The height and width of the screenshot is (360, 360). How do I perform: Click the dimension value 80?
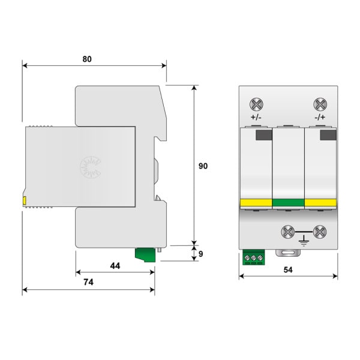(87, 59)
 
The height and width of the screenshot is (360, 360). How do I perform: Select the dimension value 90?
(203, 166)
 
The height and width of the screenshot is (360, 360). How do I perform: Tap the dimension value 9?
(200, 254)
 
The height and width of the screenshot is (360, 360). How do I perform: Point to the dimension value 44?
(115, 266)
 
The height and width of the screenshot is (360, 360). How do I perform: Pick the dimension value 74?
(88, 282)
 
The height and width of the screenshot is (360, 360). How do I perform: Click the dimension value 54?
(288, 270)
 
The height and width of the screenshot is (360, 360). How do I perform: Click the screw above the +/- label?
(256, 104)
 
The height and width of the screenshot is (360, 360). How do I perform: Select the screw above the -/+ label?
(320, 104)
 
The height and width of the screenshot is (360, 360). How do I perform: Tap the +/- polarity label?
(256, 118)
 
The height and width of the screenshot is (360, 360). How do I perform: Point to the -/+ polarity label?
(320, 118)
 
